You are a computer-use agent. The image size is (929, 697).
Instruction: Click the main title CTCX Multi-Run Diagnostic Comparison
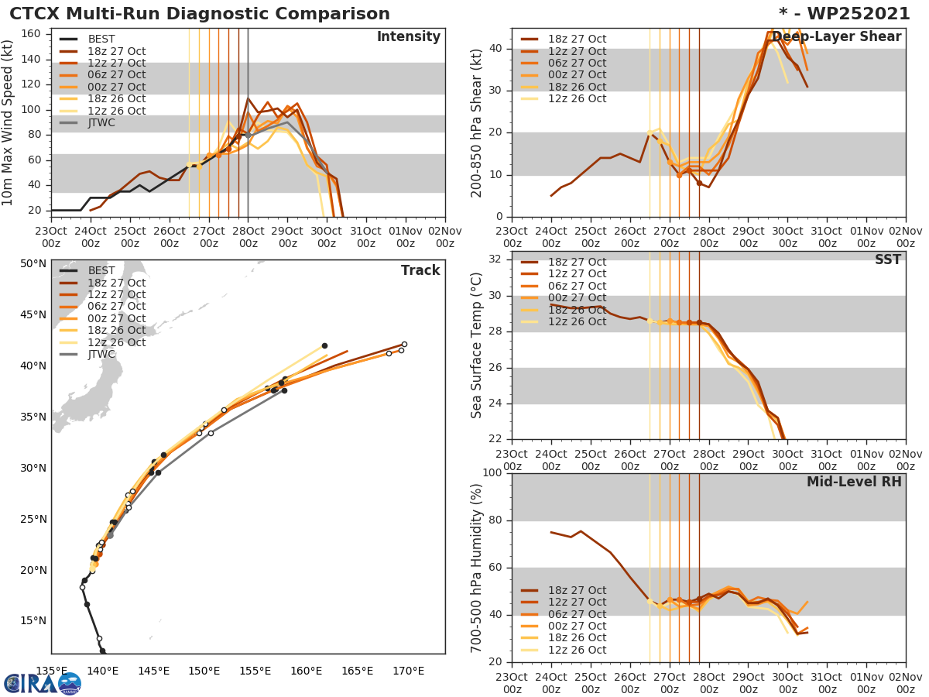point(200,14)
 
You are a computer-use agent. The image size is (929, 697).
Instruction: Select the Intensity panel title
point(408,37)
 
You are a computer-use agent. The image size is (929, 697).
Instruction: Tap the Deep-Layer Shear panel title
point(836,37)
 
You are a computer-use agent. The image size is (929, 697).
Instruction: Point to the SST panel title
point(887,260)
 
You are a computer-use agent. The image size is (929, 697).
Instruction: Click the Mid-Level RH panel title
point(854,482)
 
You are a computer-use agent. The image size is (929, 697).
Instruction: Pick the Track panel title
point(420,271)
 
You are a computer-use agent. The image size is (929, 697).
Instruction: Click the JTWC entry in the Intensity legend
point(101,122)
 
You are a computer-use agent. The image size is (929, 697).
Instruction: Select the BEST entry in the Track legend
point(101,271)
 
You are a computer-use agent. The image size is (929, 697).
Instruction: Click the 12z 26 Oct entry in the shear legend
point(577,99)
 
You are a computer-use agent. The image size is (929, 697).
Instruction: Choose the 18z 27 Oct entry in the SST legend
point(577,263)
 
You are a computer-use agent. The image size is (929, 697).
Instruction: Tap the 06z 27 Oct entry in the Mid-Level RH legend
point(577,614)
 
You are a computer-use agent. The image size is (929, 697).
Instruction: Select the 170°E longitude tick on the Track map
point(408,671)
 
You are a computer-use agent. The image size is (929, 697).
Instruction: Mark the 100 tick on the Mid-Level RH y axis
point(492,473)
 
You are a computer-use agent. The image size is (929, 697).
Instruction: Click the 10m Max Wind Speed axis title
point(9,122)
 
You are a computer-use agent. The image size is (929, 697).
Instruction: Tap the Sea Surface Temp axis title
point(478,346)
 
